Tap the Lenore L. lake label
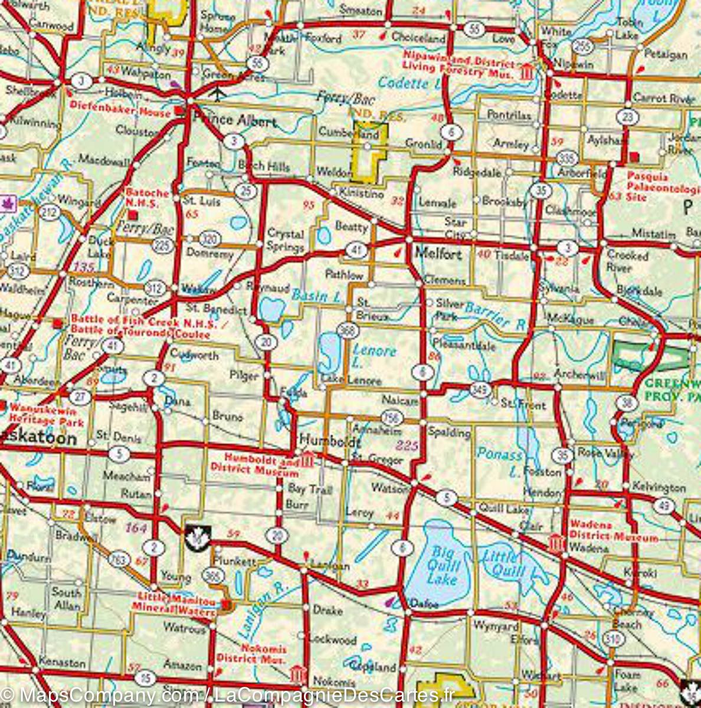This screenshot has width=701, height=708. (373, 357)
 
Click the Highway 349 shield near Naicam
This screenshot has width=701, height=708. (480, 389)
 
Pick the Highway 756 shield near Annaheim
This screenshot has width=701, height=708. (391, 418)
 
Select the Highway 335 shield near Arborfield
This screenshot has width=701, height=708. (567, 158)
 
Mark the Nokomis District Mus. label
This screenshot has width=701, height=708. (251, 653)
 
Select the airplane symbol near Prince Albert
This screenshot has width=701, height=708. (218, 93)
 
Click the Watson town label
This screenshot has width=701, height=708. (389, 488)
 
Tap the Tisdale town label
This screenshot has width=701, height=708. (511, 255)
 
